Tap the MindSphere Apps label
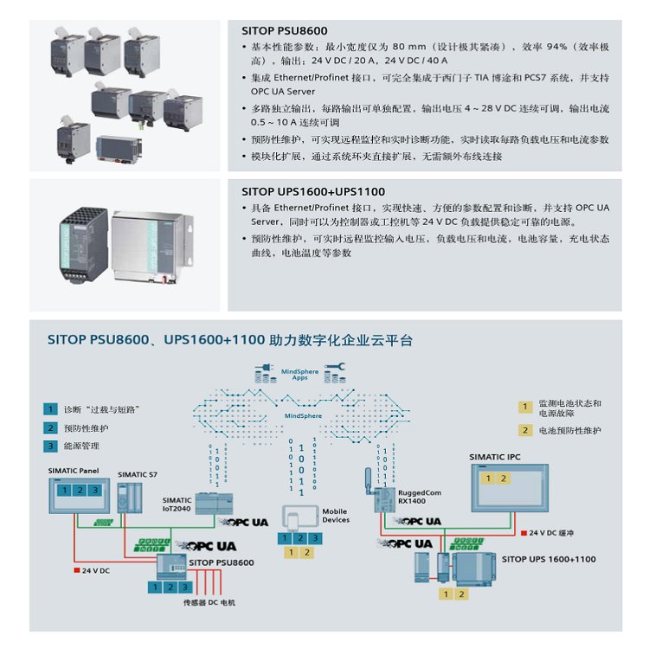point(300,375)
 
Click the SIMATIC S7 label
point(138,474)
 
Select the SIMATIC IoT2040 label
point(177,505)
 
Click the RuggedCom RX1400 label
point(417,496)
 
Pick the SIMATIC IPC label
point(495,456)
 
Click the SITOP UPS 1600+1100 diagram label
point(549,559)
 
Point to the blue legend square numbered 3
point(51,447)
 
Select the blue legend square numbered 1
point(51,408)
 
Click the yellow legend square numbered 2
point(524,430)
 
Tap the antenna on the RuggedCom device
point(365,477)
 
